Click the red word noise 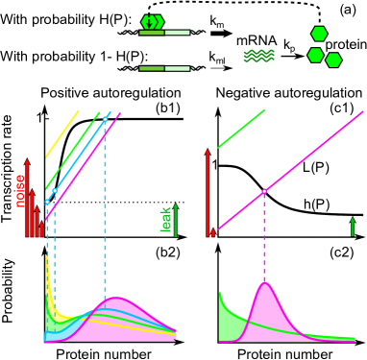coord(20,190)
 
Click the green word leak coord(166,219)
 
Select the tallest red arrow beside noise coord(27,198)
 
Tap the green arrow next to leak coord(176,220)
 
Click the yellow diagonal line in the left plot coord(62,133)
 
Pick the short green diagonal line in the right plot coord(241,129)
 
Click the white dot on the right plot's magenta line coord(264,191)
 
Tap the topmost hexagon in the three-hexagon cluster coord(319,34)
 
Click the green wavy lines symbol coord(258,56)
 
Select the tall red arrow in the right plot coord(208,192)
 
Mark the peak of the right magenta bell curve coord(265,283)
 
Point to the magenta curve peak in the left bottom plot coord(115,299)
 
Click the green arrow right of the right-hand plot coord(353,227)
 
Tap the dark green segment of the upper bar coord(152,33)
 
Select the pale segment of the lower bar coord(177,68)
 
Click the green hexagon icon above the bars coord(152,21)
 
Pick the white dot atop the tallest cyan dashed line coord(105,119)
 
